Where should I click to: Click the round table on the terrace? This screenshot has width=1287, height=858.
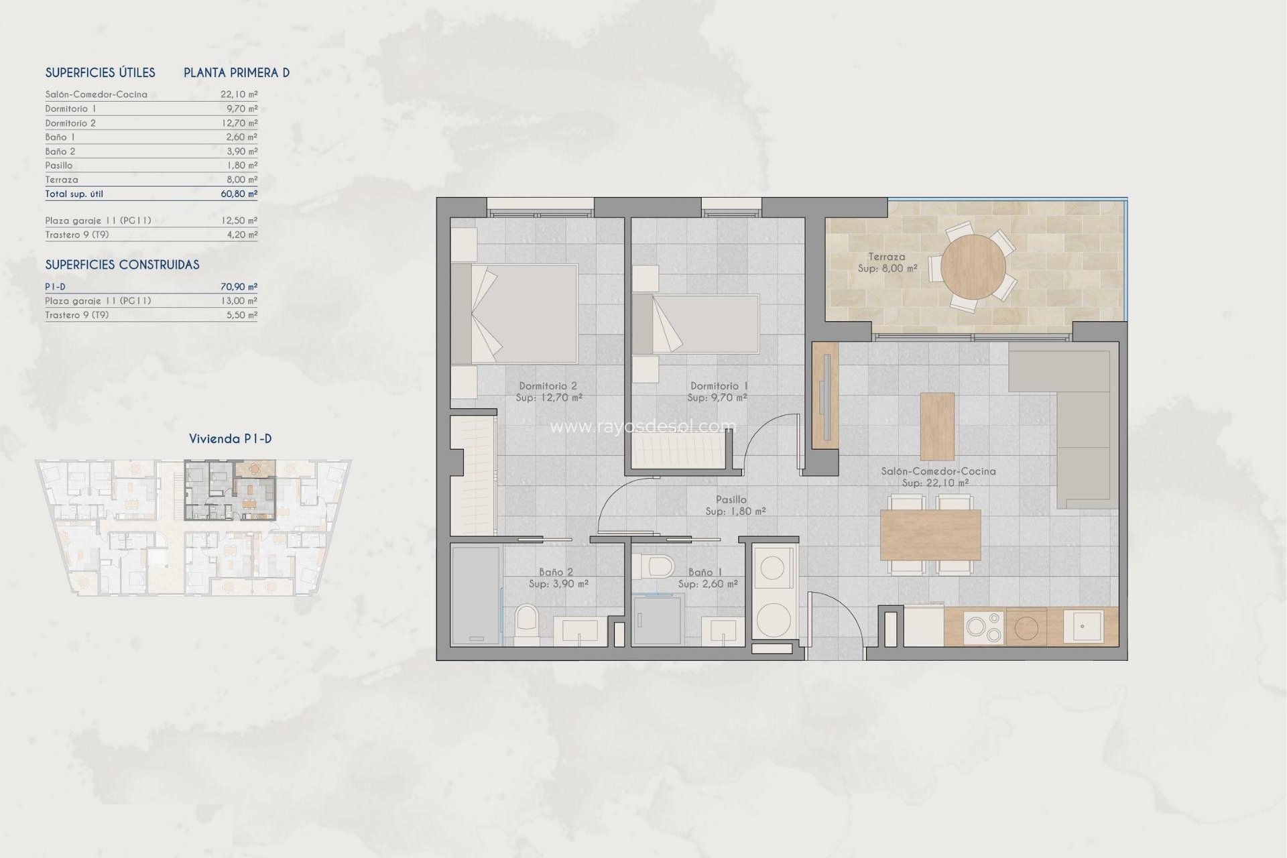click(x=973, y=267)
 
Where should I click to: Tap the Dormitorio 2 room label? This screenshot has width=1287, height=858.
click(x=548, y=386)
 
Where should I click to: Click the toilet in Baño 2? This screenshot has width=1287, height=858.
click(x=526, y=625)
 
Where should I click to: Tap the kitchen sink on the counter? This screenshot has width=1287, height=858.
click(x=1083, y=625)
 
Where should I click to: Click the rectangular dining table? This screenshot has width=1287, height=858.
click(x=930, y=534)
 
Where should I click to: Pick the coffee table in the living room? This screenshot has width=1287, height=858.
click(x=936, y=426)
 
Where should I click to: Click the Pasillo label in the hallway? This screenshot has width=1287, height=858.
click(x=731, y=499)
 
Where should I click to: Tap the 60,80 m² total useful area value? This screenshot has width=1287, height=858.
click(x=239, y=194)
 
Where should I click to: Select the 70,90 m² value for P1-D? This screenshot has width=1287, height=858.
click(x=239, y=287)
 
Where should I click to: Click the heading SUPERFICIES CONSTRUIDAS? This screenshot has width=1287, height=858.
click(x=122, y=265)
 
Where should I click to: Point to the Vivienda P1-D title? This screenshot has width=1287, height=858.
click(x=230, y=439)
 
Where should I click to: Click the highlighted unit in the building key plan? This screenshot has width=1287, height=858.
click(x=229, y=490)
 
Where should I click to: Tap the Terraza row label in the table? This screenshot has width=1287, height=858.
click(x=62, y=180)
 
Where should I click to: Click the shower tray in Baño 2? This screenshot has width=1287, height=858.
click(x=475, y=595)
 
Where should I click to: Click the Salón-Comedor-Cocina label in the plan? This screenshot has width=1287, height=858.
click(x=938, y=471)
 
